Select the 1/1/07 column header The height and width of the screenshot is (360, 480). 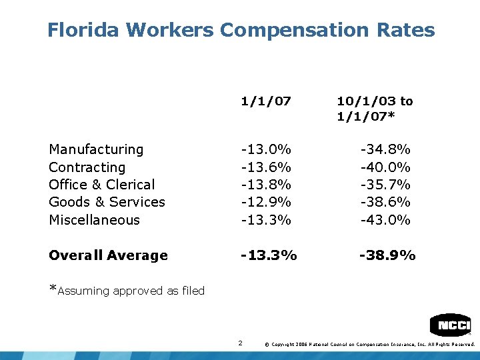[x=266, y=101]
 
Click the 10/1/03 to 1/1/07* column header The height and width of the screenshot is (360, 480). [x=374, y=109]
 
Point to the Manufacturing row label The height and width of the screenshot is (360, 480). [x=96, y=149]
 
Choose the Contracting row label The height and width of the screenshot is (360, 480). [x=87, y=167]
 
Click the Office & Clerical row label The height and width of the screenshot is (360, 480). [x=101, y=185]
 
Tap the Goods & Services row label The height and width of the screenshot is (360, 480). [x=107, y=202]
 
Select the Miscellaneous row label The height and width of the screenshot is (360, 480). [x=94, y=220]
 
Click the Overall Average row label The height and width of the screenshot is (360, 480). [x=108, y=255]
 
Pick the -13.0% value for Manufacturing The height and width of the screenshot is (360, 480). [x=266, y=149]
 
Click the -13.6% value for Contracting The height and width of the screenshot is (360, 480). [x=266, y=167]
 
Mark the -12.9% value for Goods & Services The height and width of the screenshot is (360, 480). [x=266, y=202]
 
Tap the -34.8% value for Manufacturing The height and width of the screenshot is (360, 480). [x=385, y=149]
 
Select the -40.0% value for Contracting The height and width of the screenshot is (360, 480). [x=385, y=167]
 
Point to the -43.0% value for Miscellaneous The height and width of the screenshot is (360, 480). [x=385, y=220]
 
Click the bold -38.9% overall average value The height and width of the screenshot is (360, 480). [x=387, y=255]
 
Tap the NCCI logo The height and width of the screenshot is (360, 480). [x=450, y=325]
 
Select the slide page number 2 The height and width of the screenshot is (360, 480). [x=240, y=343]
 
